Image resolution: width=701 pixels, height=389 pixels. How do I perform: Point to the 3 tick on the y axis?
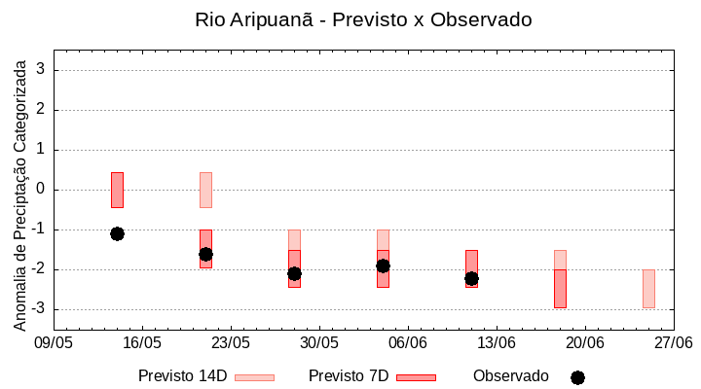(x=42, y=70)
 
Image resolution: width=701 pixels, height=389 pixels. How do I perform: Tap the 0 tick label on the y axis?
(x=42, y=190)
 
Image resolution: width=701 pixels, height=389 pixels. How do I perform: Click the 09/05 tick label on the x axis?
(x=54, y=343)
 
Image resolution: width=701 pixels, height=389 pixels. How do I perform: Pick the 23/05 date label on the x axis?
(x=231, y=343)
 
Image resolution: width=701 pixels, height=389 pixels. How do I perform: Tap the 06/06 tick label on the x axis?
(x=408, y=343)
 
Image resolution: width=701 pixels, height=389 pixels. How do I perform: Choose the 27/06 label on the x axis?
(x=673, y=343)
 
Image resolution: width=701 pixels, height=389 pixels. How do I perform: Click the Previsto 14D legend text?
(x=183, y=376)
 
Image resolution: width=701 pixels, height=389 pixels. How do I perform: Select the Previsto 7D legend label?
(x=349, y=376)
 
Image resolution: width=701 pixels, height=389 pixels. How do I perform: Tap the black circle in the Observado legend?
(x=577, y=377)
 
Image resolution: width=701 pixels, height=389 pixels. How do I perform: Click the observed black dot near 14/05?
(x=117, y=233)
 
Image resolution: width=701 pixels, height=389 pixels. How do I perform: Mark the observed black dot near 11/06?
(x=471, y=278)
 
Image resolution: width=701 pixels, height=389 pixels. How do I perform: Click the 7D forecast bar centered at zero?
(x=117, y=190)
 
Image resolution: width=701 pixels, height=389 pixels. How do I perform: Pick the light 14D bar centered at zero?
(x=205, y=190)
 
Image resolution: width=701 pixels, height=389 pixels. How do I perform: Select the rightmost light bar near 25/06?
(x=648, y=289)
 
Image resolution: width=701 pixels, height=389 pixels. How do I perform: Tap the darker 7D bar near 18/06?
(x=560, y=289)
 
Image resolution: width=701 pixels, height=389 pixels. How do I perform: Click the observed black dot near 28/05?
(x=294, y=273)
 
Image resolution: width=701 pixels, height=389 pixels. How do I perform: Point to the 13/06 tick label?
(x=497, y=343)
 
